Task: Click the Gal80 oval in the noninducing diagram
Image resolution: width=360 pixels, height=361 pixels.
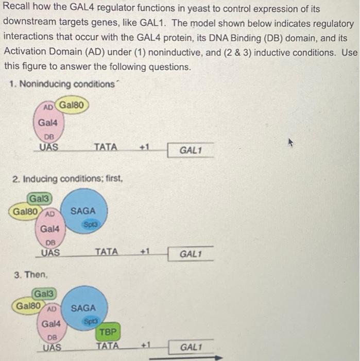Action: point(73,106)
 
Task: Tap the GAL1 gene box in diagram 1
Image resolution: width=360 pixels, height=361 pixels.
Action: point(190,151)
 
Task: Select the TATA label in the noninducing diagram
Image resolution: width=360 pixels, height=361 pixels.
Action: point(106,147)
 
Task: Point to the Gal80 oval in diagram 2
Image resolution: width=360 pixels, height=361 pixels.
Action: point(26,211)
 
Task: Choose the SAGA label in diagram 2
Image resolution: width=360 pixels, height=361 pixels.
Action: point(83,211)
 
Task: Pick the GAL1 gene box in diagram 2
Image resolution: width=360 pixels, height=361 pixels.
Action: point(190,254)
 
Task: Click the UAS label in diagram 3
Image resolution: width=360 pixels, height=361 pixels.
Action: point(51,347)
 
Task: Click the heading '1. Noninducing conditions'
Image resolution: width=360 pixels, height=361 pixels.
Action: point(62,84)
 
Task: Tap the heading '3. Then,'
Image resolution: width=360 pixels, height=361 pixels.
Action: point(29,274)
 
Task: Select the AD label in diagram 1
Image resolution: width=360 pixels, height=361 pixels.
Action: point(48,107)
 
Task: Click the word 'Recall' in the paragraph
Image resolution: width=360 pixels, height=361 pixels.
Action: point(17,9)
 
